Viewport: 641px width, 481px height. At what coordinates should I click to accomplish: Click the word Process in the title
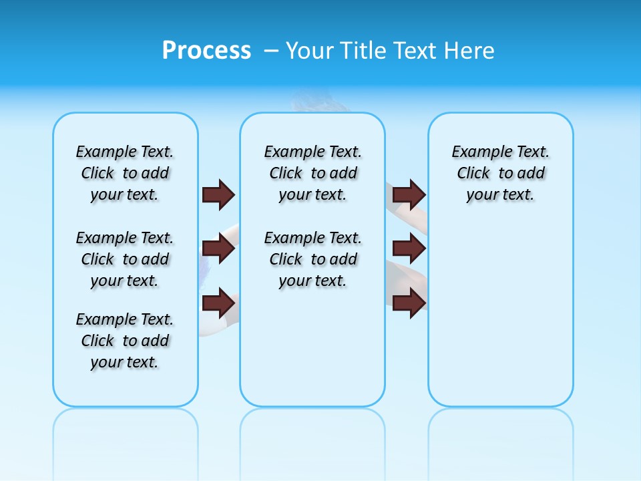coord(206,51)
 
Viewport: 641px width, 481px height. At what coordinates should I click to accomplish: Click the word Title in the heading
coord(364,51)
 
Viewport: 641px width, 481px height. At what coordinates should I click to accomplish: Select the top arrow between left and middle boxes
coord(218,194)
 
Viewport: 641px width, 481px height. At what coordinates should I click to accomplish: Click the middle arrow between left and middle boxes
coord(218,249)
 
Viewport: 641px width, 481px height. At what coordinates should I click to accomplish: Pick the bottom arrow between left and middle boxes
coord(218,303)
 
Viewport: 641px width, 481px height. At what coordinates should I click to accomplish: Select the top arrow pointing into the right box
coord(409,194)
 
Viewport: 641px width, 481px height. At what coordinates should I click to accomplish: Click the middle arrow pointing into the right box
coord(409,249)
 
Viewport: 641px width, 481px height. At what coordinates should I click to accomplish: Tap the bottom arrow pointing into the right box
coord(409,303)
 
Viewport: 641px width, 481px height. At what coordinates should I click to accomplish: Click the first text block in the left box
coord(125,173)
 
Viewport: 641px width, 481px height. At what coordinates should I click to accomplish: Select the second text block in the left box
coord(125,259)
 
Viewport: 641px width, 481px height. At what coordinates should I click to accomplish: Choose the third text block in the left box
coord(125,341)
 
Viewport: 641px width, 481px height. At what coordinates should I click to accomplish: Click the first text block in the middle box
coord(312,173)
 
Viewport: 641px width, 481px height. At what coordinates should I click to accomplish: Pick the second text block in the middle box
coord(312,259)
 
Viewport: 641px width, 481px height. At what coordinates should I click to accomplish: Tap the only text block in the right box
coord(500,173)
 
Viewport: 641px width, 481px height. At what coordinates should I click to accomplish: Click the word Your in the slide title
coord(308,51)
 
